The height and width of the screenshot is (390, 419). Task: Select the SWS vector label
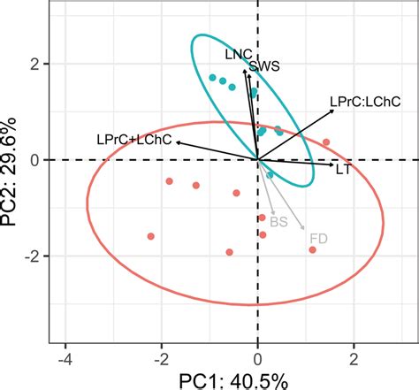pos(265,65)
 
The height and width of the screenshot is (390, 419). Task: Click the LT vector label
pos(345,168)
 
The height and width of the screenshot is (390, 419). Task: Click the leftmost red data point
pos(150,236)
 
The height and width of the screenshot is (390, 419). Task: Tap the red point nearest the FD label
pos(313,250)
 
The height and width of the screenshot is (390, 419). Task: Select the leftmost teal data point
pos(212,78)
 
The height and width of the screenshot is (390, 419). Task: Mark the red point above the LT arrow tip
pos(326,142)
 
